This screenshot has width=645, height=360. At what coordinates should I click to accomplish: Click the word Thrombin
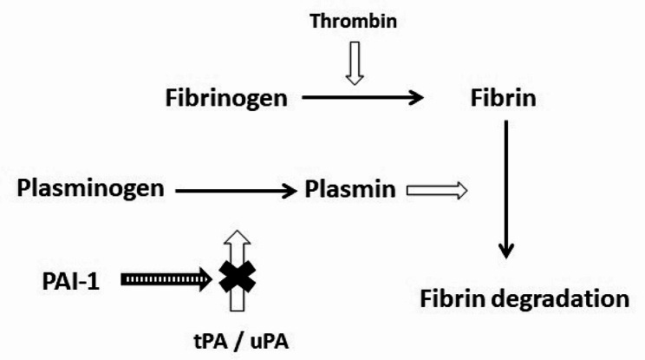[x=354, y=22]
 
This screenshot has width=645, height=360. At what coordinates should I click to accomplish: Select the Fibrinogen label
[x=226, y=99]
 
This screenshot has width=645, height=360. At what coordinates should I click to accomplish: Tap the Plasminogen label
[x=90, y=189]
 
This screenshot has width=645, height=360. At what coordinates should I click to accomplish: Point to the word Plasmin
[x=350, y=189]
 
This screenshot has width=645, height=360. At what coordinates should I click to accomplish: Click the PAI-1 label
[x=71, y=282]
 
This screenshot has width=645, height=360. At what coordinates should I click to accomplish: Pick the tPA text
[x=210, y=342]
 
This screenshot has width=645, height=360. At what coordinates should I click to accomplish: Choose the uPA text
[x=270, y=342]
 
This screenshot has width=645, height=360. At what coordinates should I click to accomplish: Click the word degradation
[x=560, y=299]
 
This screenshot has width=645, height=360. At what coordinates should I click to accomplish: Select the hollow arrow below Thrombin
[x=355, y=63]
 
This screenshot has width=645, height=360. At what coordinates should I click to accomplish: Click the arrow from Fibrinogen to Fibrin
[x=362, y=97]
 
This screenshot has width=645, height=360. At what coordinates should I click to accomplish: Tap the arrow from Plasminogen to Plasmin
[x=236, y=191]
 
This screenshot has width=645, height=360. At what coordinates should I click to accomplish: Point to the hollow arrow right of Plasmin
[x=437, y=191]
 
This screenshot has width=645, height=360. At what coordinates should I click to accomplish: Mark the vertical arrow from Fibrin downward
[x=505, y=189]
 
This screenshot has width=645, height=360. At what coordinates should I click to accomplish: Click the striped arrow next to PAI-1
[x=166, y=280]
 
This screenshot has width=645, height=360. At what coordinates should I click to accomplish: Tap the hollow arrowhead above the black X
[x=238, y=239]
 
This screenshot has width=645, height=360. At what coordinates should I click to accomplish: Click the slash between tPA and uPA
[x=239, y=342]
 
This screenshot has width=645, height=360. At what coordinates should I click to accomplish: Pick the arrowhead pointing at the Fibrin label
[x=417, y=97]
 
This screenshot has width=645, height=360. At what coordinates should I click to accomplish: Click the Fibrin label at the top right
[x=503, y=98]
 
